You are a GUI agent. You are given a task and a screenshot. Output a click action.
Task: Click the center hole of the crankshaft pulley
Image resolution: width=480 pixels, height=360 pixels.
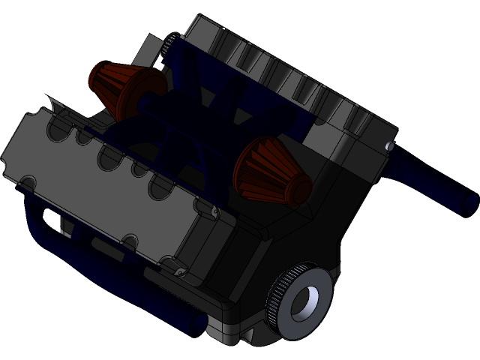tap(304, 303)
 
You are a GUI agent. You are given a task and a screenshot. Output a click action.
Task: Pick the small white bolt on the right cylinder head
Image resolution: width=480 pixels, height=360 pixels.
tap(388, 146)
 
